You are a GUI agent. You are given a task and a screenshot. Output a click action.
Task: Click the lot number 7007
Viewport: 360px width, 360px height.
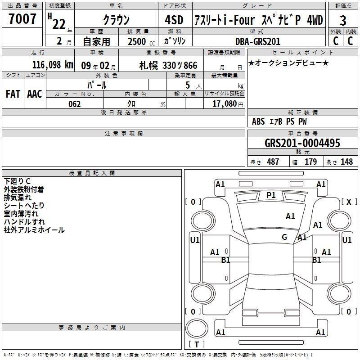pos(22,19)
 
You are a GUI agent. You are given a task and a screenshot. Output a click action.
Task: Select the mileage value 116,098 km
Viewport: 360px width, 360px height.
pos(53,65)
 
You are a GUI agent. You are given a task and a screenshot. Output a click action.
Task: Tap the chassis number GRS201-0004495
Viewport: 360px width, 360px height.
pos(302,143)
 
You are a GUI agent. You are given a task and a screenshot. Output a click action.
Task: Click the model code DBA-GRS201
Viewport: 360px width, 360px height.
pos(258,41)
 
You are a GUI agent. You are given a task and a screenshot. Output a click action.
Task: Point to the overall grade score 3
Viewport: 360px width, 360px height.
pos(343,21)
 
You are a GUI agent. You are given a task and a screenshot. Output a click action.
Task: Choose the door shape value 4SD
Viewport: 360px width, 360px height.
pos(174,20)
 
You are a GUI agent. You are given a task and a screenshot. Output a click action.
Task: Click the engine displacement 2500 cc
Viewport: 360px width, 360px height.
pos(141,41)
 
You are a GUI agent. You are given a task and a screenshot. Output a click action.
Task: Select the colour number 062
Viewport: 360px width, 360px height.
pos(75,104)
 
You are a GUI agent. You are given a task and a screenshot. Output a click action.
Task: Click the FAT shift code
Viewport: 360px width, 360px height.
pos(13,94)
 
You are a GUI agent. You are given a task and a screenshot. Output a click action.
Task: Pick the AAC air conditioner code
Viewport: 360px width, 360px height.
pos(35,94)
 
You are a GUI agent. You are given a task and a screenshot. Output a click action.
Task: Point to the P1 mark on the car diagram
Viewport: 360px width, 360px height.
pos(271,195)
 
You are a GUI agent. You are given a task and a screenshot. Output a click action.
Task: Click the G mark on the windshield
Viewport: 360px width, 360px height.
pos(284,237)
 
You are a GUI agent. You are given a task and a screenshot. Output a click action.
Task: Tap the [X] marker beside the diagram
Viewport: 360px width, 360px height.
pos(349,202)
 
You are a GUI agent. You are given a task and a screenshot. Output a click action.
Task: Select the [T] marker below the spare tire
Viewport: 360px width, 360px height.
pos(197,344)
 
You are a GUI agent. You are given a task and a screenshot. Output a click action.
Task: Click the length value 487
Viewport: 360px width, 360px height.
pos(273,162)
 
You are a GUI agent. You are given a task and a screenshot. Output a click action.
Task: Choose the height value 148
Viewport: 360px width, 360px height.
pos(346,162)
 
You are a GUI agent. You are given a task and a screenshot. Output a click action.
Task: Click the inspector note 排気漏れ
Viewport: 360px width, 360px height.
pos(18,198)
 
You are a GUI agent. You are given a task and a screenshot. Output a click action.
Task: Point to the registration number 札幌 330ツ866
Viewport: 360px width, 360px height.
pos(168,66)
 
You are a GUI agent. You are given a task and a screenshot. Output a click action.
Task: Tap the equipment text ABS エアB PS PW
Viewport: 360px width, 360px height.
pos(279,121)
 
